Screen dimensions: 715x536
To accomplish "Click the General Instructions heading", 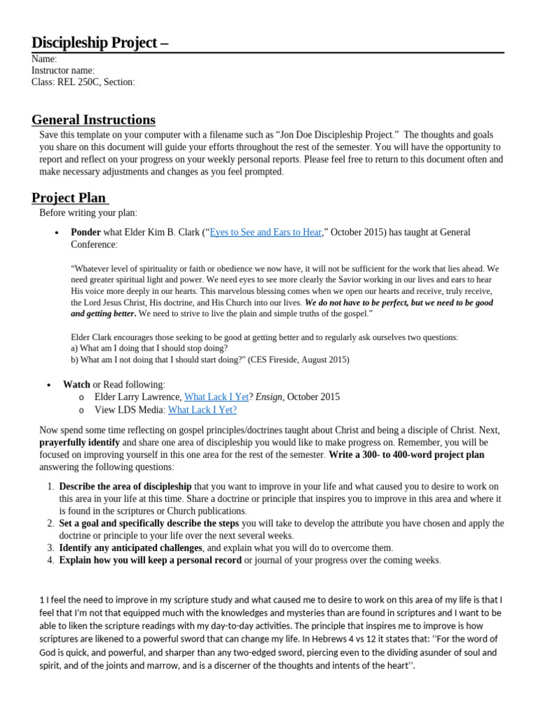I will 94,119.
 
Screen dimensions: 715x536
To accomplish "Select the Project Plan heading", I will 70,197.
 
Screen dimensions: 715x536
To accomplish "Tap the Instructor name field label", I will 63,71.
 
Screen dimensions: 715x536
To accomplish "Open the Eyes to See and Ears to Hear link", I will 265,233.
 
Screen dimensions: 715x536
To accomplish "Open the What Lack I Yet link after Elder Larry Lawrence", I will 216,397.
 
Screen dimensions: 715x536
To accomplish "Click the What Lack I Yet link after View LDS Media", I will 202,410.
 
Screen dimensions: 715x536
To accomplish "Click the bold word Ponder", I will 86,233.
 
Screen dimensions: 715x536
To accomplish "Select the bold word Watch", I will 76,384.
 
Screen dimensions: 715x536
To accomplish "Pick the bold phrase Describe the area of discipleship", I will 125,486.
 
